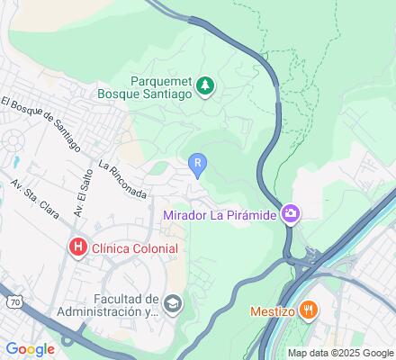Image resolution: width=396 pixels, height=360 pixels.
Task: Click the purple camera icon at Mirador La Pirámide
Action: (x=292, y=214)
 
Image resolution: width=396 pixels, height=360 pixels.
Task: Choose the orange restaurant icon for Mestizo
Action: (x=308, y=310)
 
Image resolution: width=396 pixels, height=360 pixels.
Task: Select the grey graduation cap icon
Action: (x=173, y=306)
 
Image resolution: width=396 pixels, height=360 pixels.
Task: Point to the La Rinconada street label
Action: (x=122, y=180)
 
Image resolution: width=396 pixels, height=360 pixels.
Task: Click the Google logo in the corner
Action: (x=30, y=349)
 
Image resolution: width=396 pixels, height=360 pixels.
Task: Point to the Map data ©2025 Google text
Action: (x=340, y=353)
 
